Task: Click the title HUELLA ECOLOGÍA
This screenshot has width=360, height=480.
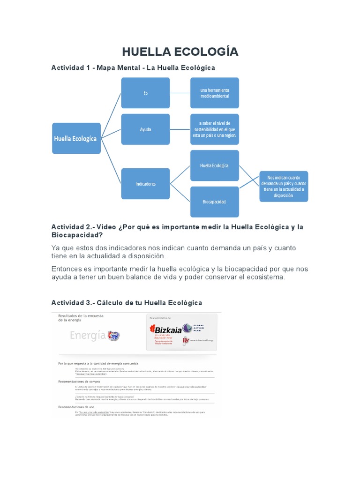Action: [x=180, y=52]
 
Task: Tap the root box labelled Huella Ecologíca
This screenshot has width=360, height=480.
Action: [x=76, y=138]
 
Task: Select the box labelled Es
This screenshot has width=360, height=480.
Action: [x=145, y=93]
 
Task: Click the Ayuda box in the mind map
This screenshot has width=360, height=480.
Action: [x=145, y=129]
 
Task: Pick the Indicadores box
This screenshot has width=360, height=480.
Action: [x=145, y=184]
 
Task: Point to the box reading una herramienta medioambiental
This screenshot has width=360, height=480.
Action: [x=214, y=93]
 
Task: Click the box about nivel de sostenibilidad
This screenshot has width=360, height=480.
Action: [x=214, y=129]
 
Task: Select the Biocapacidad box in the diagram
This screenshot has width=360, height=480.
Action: [x=214, y=202]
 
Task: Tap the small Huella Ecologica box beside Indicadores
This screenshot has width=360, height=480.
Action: [x=214, y=165]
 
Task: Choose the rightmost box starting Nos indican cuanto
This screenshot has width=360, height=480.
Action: [x=284, y=186]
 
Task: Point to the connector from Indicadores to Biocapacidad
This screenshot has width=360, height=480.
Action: [x=180, y=193]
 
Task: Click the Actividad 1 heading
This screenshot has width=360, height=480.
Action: [x=133, y=68]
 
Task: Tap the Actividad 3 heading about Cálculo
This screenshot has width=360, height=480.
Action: [x=127, y=303]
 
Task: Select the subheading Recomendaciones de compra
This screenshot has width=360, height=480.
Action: [x=76, y=381]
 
